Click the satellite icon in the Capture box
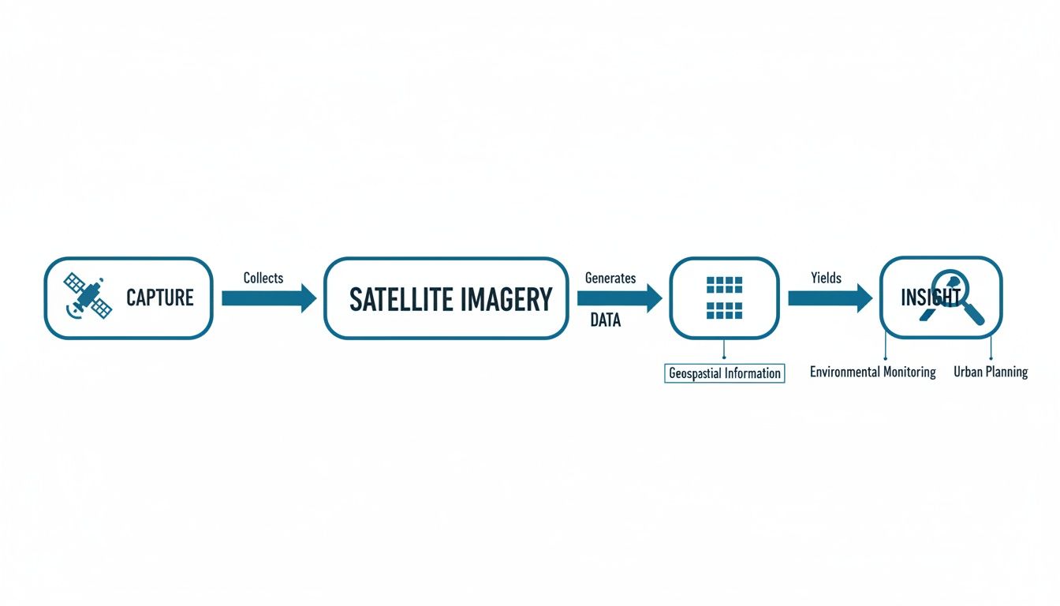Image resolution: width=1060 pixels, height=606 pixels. click(87, 297)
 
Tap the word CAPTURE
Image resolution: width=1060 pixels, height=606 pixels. click(160, 298)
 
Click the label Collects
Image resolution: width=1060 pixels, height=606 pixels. click(263, 278)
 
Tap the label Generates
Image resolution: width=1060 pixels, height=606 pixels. click(610, 278)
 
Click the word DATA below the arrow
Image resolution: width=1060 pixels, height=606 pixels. click(606, 320)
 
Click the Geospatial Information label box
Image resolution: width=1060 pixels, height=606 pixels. click(725, 373)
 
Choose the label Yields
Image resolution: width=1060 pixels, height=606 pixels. click(826, 278)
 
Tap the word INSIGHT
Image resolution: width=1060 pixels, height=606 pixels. click(931, 297)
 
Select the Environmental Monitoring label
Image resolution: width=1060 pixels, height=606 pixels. click(873, 372)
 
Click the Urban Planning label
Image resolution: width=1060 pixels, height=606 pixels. click(991, 372)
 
